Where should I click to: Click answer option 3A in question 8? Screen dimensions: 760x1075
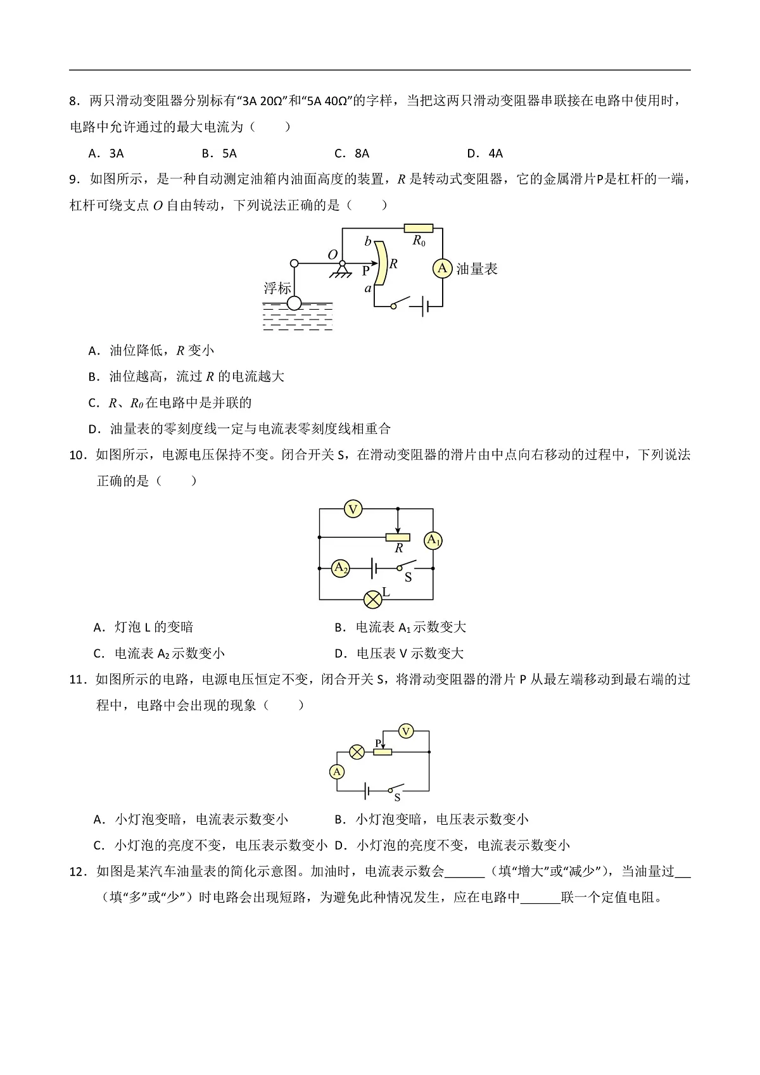(117, 153)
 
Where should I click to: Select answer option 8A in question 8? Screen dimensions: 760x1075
(362, 153)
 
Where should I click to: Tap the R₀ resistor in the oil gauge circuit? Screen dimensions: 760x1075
(419, 229)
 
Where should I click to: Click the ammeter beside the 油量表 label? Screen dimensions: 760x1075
(442, 268)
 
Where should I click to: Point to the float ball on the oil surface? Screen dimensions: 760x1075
(294, 303)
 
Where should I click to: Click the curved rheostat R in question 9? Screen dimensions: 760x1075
(381, 263)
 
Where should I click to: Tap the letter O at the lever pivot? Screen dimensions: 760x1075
(332, 255)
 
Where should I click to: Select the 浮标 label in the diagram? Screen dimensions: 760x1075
(277, 288)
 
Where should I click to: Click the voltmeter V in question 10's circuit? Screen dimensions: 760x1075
(353, 509)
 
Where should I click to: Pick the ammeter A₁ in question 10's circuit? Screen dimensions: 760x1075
(433, 540)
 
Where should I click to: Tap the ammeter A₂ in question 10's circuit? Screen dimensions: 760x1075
(341, 568)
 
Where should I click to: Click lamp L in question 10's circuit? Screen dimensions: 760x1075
(373, 599)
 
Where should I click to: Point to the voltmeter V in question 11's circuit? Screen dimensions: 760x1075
(406, 732)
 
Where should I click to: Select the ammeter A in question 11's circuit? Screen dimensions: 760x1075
(337, 772)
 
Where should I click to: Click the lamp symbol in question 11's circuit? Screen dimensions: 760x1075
(357, 752)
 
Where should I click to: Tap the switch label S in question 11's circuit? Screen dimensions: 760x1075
(397, 798)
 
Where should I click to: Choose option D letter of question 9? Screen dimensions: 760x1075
(94, 429)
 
